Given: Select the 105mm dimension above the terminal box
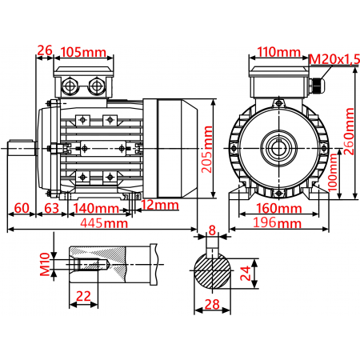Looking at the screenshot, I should pyautogui.click(x=84, y=52).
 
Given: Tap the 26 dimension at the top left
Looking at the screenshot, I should pyautogui.click(x=45, y=51).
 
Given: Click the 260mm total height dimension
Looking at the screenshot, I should pyautogui.click(x=350, y=133).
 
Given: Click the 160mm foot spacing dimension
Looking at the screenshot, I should pyautogui.click(x=279, y=208).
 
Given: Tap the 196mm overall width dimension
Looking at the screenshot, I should pyautogui.click(x=279, y=223).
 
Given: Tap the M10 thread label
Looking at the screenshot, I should pyautogui.click(x=45, y=262).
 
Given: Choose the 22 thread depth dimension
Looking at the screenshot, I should pyautogui.click(x=82, y=296).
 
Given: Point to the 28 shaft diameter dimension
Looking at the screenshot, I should pyautogui.click(x=211, y=304).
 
